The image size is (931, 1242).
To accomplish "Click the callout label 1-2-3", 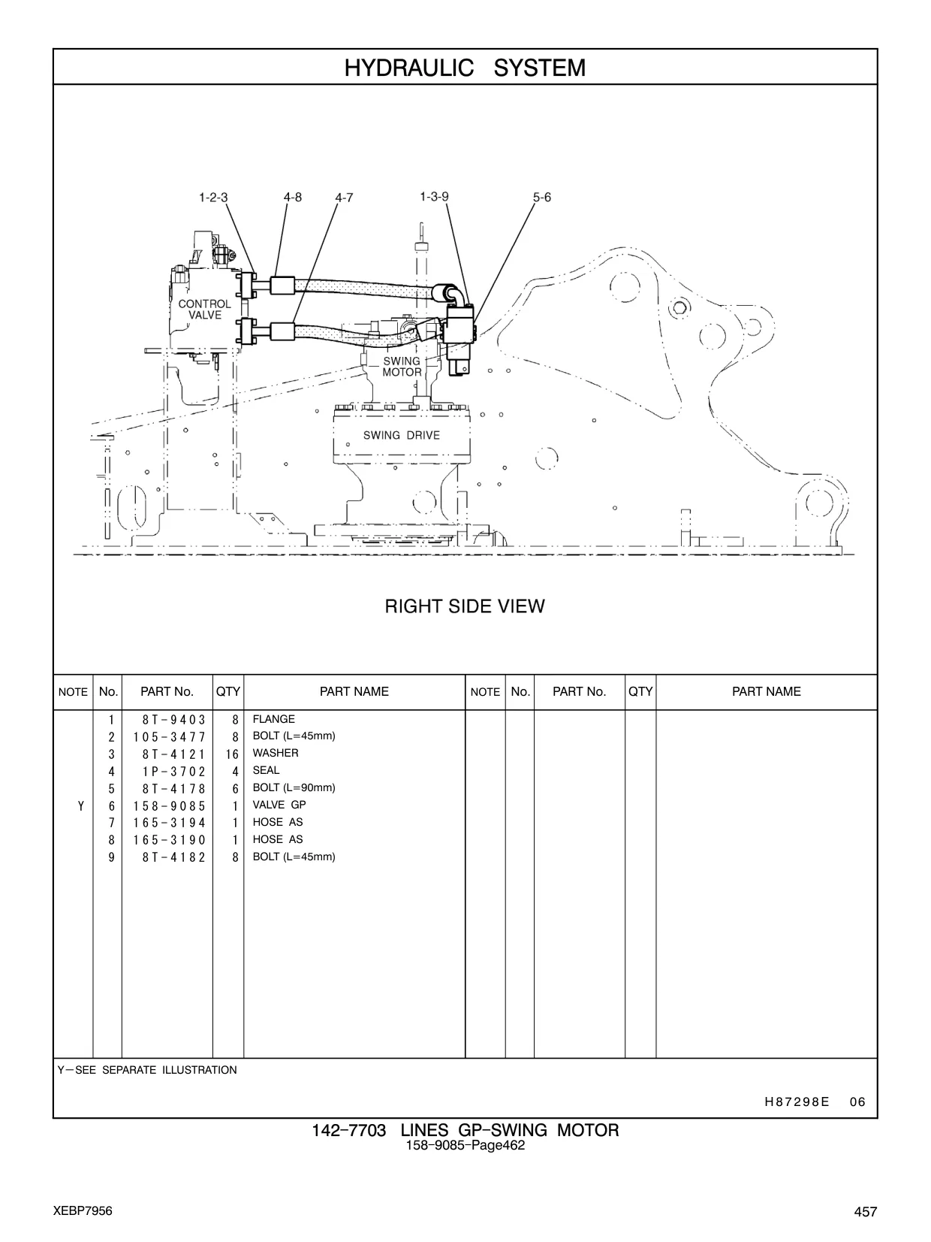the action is coord(213,198).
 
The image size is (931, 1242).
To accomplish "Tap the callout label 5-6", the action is coord(541,198).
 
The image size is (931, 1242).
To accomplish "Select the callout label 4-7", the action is coord(344,198).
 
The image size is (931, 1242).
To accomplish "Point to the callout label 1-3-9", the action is coord(434,196).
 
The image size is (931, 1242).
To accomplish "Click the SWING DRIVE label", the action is coord(402,435).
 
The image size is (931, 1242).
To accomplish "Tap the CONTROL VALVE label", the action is coord(205,310).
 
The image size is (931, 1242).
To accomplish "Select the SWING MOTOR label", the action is coord(402,367).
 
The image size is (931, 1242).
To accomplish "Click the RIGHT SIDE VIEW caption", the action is coord(465,606).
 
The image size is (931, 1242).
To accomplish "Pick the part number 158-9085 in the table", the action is coord(170,805).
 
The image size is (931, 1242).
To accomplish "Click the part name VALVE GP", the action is coord(279,805).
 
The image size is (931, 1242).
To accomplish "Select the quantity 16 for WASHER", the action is coord(232,754).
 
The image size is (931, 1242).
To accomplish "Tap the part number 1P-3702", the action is coord(174,771).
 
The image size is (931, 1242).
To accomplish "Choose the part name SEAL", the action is coord(267,770).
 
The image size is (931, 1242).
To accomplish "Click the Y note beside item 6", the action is coord(81,805).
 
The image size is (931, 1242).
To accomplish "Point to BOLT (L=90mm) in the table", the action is coord(294,787).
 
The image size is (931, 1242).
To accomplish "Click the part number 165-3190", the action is coord(170,840).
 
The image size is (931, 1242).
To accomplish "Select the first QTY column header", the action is coord(227,691).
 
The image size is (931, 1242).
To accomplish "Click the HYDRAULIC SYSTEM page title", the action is coord(465,68).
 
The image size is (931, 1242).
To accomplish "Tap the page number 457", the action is coord(866,1211).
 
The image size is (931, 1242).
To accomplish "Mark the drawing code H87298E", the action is coord(797,1101).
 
